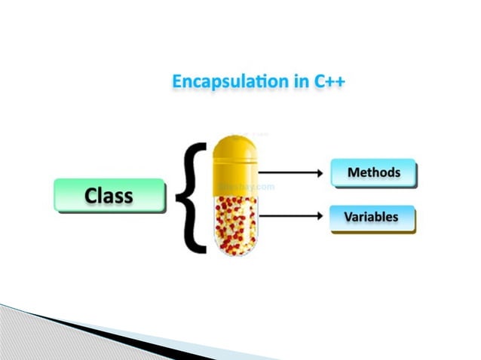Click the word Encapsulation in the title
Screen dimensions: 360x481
[228, 81]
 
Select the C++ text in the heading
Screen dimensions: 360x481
[331, 81]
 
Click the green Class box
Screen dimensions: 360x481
[109, 196]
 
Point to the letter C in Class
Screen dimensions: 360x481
[91, 196]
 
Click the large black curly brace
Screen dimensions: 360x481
[191, 197]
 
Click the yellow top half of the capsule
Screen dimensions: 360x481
[234, 163]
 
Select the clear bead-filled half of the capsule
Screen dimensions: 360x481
[234, 223]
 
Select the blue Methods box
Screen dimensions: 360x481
[373, 172]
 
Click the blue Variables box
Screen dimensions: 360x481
[373, 218]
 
